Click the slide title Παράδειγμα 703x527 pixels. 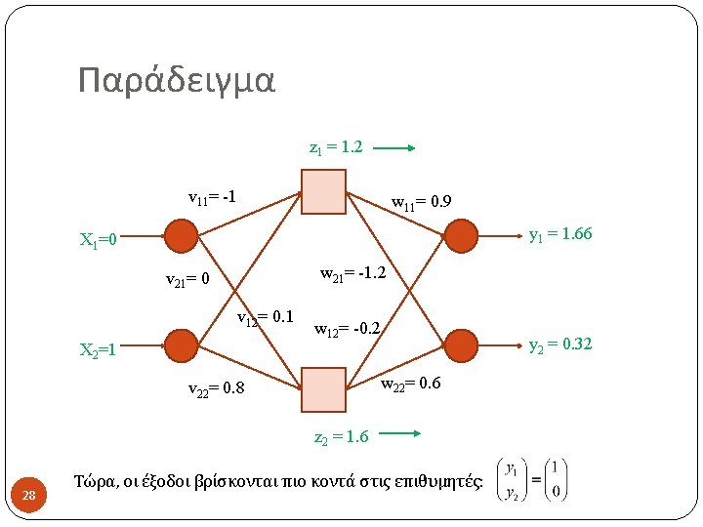coord(177,80)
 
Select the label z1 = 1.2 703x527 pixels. coord(336,148)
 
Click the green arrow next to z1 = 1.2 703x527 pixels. coord(395,149)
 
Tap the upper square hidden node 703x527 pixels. coord(323,191)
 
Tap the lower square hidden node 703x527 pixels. coord(323,389)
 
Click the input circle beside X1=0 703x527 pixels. coord(181,236)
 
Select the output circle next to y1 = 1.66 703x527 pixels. coord(461,235)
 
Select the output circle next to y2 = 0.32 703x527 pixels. coord(461,345)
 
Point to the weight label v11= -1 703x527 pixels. coord(213,197)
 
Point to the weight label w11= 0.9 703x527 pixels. coord(421,204)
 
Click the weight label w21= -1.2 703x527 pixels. coord(353,272)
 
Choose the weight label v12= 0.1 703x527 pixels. coord(267,317)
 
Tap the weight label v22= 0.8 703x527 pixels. coord(216,390)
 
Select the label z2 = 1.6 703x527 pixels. coord(341,437)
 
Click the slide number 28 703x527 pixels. coord(29,498)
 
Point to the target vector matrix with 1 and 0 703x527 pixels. coord(532,480)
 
